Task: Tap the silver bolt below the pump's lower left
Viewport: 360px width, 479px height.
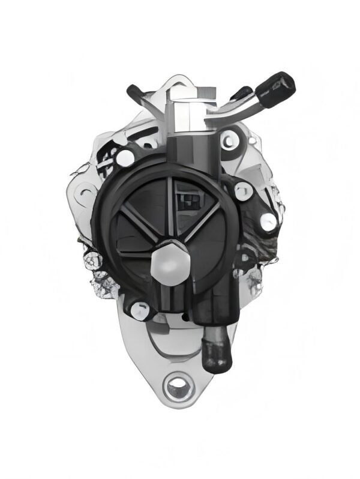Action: (139, 308)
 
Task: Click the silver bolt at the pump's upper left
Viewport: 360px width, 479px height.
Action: (125, 157)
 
